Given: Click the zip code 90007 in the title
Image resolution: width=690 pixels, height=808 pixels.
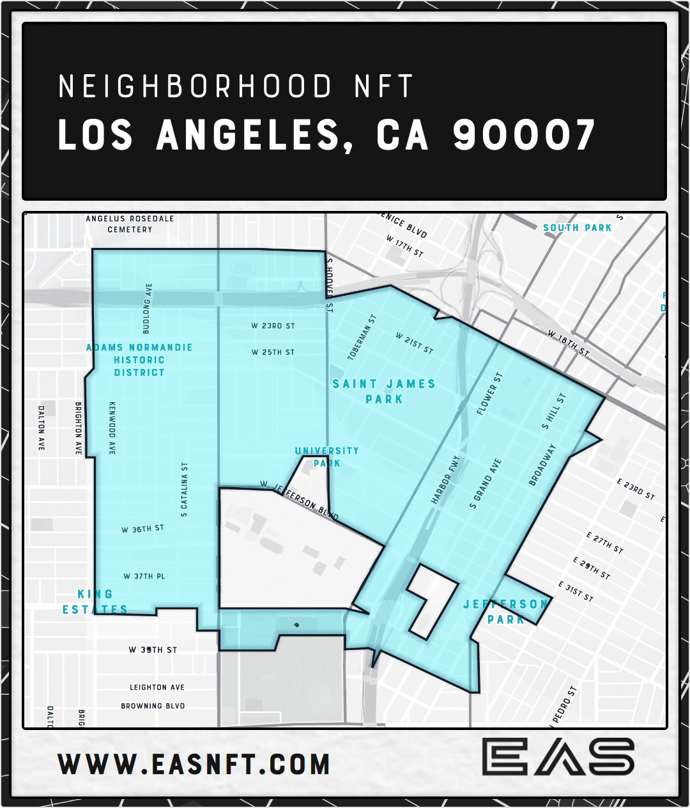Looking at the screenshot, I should [524, 135].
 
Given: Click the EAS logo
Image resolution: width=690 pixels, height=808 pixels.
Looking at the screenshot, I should [558, 757].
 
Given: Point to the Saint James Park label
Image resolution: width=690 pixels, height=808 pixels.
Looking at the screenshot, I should [384, 391].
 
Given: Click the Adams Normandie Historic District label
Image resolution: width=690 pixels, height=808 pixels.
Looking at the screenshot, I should [139, 360].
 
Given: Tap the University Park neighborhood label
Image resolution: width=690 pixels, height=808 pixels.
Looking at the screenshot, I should [326, 457].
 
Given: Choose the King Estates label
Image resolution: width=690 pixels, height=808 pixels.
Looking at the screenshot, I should [95, 602].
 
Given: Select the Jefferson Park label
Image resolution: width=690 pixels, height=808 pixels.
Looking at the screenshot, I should [505, 612].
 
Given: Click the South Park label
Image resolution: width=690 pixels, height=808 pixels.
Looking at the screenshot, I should [577, 228].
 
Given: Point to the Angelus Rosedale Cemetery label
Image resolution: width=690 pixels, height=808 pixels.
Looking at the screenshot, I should [130, 224].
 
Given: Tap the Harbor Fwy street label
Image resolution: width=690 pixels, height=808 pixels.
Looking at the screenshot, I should [446, 480].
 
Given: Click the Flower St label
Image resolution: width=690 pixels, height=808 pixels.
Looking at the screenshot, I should [490, 394].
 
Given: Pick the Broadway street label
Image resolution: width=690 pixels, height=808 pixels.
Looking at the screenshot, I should [542, 465].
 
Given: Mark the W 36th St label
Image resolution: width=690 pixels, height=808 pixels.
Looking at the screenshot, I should [142, 529].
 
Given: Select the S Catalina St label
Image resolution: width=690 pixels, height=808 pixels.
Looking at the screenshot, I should [185, 490].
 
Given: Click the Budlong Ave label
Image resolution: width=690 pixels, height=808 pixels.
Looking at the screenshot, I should [147, 308].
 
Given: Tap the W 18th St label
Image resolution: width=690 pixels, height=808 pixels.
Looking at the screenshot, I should [568, 343].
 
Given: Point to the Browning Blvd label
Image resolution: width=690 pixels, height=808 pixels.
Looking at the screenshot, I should [153, 706].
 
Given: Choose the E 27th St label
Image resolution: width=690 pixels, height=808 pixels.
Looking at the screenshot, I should [604, 543].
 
